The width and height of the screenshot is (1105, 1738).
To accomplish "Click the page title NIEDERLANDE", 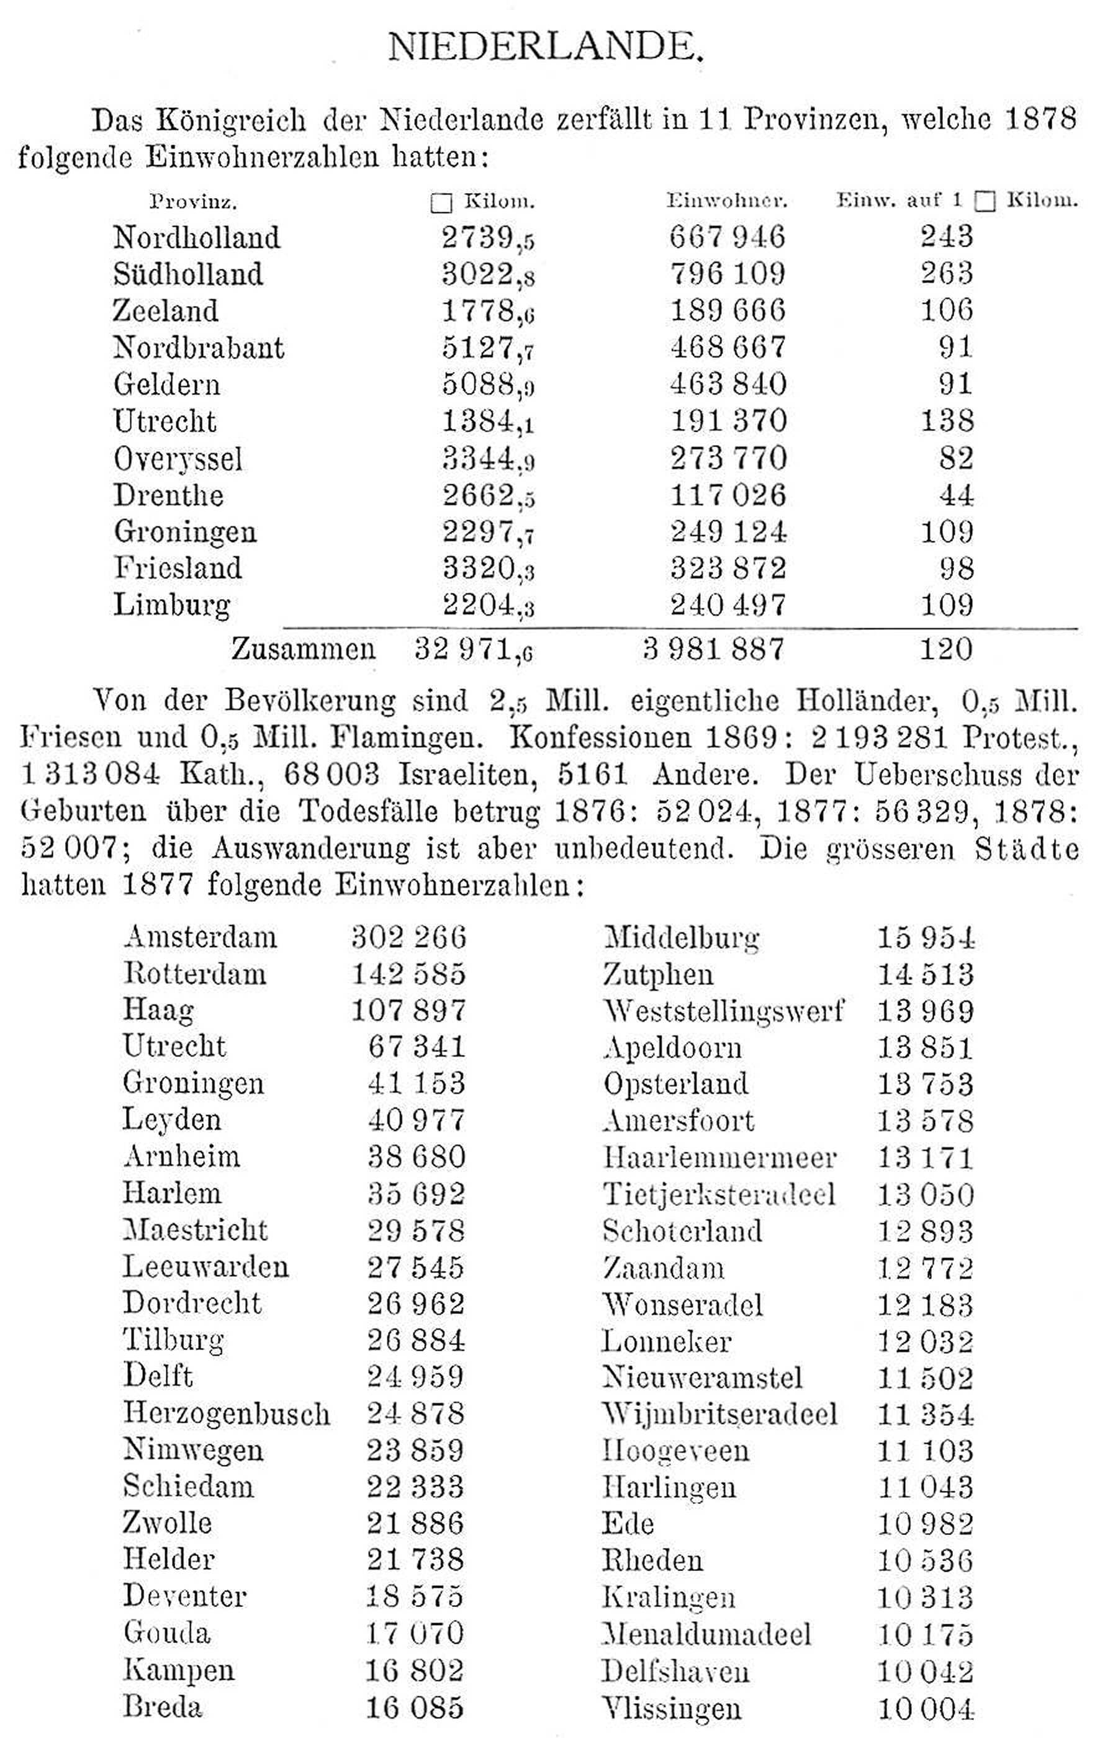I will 545,48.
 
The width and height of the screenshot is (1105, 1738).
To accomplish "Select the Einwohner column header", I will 726,200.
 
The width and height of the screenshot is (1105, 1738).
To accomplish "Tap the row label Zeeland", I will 165,311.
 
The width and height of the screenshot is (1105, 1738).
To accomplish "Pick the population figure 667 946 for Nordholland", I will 727,236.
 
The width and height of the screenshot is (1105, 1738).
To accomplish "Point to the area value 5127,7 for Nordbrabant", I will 488,348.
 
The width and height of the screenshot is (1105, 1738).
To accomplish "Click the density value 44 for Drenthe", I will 955,495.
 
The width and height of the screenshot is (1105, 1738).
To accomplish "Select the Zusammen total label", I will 303,649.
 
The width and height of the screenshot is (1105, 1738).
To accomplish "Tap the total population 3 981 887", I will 713,649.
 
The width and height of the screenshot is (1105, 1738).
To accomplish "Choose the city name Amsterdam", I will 200,937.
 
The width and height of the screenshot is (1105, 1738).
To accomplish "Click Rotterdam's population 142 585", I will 408,974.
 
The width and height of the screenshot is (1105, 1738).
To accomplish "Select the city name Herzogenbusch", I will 226,1413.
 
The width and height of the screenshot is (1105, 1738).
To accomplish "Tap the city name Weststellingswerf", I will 723,1011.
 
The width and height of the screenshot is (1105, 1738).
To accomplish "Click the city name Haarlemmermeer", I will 719,1157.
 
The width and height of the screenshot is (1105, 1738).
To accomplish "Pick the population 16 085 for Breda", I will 414,1707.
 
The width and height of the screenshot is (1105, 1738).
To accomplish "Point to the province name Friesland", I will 178,568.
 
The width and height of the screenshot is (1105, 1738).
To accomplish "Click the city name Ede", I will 628,1524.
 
